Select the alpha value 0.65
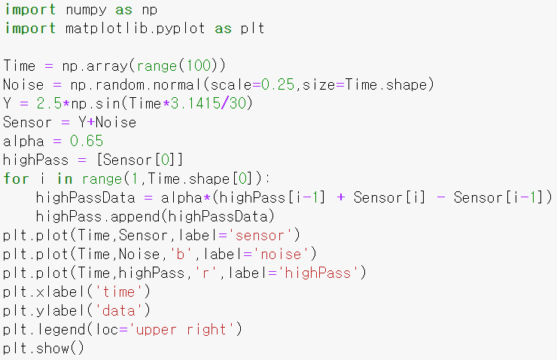click(87, 141)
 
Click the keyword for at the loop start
click(15, 178)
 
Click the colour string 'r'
click(202, 273)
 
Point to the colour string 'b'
click(178, 254)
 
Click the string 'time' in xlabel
click(123, 291)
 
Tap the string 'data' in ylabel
click(123, 310)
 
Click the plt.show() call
click(43, 348)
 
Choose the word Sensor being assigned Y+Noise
click(28, 122)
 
